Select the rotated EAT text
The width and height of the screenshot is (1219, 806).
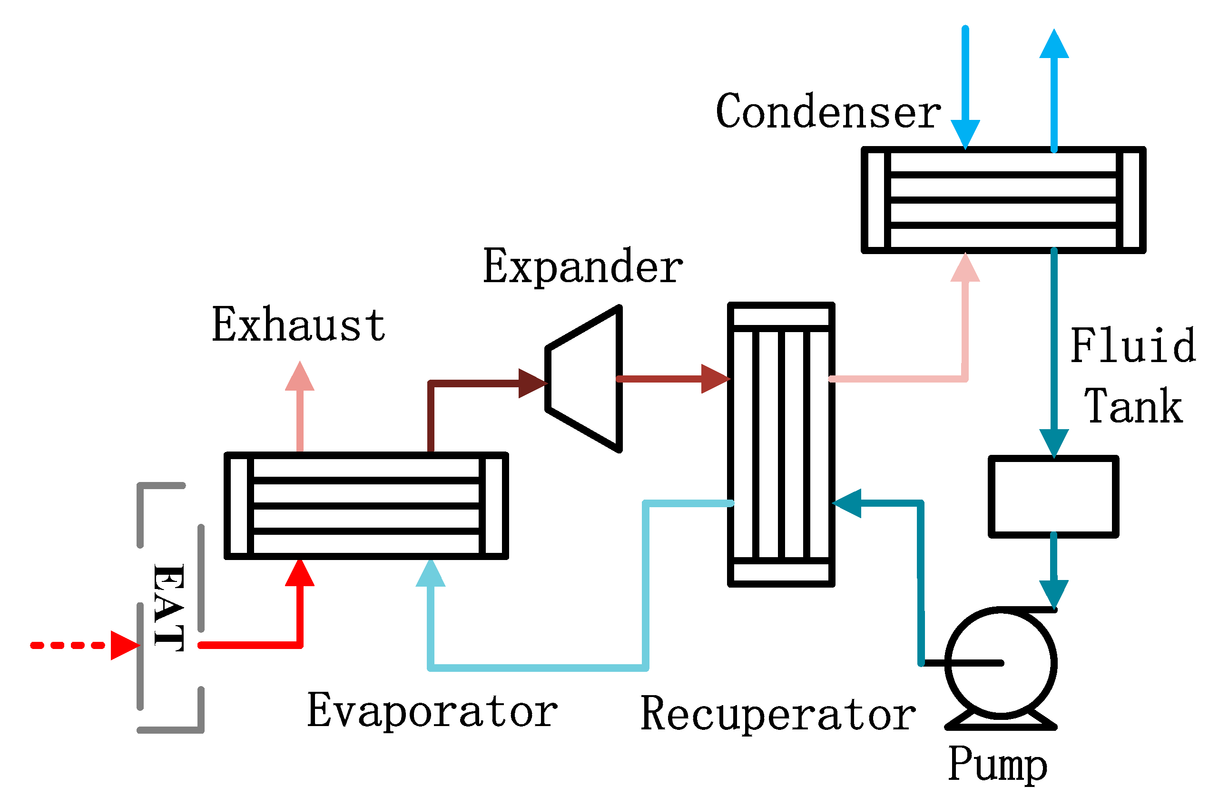tap(168, 608)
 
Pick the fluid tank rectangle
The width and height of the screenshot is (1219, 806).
tap(1053, 497)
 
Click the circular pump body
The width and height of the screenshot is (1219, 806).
tap(1001, 663)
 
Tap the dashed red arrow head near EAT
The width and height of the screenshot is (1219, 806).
tap(124, 646)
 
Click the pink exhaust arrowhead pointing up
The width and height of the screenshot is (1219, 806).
tap(300, 377)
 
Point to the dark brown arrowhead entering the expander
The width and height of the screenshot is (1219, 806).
tap(532, 383)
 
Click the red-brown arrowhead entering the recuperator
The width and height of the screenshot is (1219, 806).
tap(714, 379)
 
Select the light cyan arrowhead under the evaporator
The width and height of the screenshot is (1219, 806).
tap(430, 574)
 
